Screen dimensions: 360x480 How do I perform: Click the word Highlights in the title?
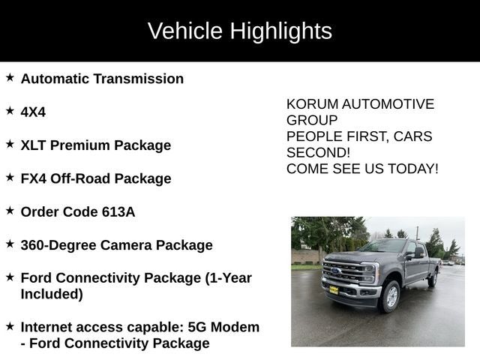(280, 31)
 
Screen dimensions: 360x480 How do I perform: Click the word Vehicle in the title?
(184, 31)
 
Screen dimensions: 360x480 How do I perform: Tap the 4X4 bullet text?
(33, 112)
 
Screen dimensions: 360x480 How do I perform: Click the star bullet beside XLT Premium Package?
(10, 143)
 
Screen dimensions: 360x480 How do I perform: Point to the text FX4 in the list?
(34, 178)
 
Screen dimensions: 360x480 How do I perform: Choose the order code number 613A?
(118, 211)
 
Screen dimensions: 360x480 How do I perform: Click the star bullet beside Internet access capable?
(10, 326)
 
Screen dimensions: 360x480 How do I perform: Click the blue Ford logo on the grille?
(335, 271)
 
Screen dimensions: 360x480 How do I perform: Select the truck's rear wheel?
(432, 279)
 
